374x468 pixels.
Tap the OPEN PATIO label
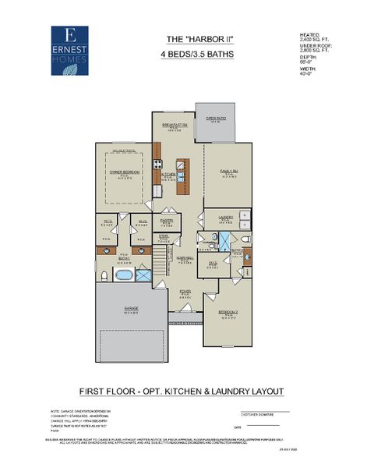216,119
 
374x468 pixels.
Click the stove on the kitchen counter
157,165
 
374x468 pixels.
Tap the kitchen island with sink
181,176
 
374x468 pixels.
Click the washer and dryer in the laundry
244,218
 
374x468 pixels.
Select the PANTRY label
165,222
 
